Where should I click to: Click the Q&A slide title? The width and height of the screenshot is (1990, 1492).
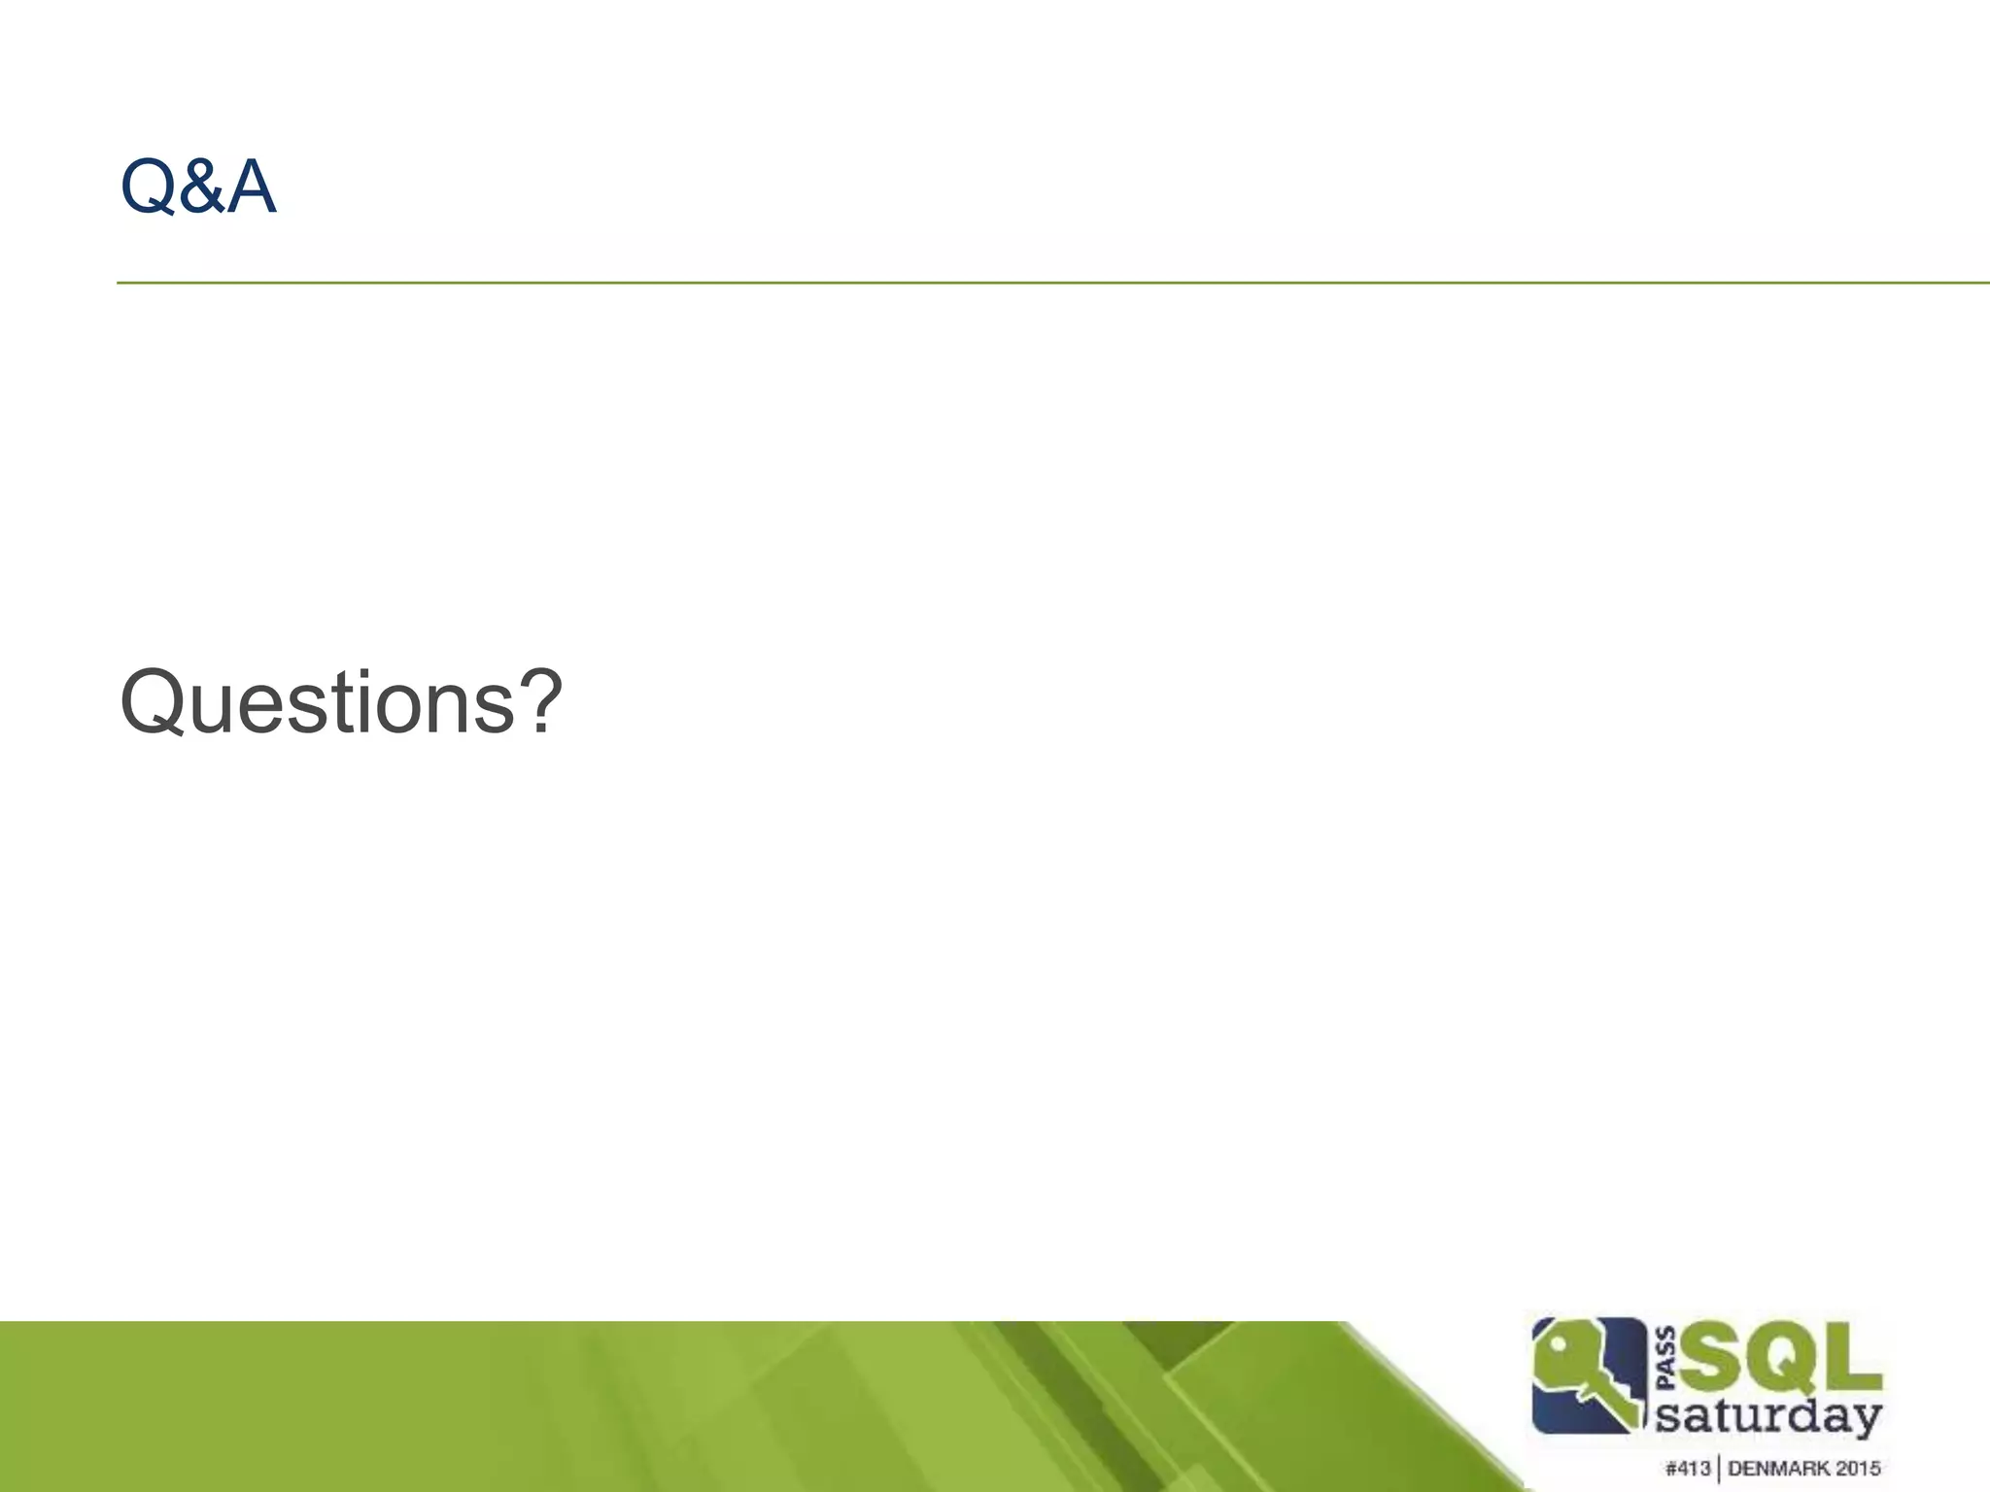(198, 186)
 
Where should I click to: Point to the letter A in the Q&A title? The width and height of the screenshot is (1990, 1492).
(251, 186)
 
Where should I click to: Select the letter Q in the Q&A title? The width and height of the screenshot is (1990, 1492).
(147, 187)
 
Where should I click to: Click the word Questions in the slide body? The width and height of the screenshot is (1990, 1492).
(317, 702)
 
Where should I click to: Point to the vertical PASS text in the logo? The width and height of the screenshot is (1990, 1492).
(1664, 1358)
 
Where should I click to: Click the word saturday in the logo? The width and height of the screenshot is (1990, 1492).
(1767, 1415)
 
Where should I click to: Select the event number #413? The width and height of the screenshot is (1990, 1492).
(1687, 1468)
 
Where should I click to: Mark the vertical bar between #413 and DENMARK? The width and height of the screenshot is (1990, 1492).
(1718, 1469)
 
